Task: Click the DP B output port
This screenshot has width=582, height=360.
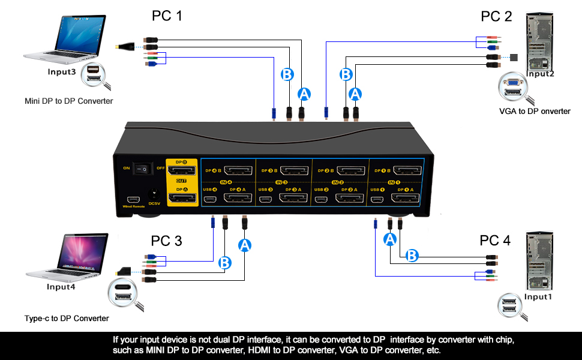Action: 182,172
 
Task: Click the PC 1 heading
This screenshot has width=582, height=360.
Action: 167,16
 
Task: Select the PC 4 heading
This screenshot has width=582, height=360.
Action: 495,241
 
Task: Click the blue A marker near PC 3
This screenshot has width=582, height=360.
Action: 244,245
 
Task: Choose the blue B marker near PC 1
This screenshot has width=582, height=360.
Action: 287,75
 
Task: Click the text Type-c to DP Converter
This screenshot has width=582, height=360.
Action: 67,319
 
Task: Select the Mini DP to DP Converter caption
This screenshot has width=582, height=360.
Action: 68,101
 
